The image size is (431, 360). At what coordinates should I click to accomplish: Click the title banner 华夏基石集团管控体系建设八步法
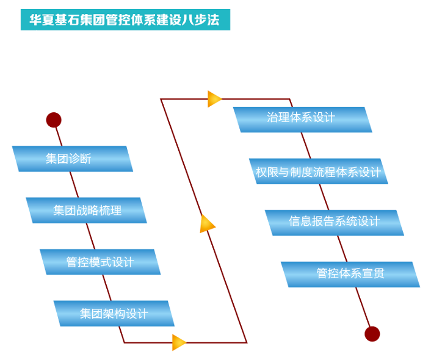click(125, 19)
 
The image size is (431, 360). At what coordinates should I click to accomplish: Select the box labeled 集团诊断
click(72, 159)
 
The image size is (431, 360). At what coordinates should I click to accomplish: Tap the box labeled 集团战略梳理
click(86, 211)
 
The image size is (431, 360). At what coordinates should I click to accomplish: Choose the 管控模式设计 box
click(100, 262)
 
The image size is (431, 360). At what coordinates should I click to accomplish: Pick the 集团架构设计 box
click(114, 314)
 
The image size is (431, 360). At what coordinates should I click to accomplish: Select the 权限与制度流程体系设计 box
click(318, 171)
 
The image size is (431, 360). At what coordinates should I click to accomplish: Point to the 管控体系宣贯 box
click(350, 274)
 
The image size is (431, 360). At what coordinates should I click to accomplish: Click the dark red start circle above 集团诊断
click(54, 120)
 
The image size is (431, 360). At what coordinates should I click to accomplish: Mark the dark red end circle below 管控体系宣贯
click(372, 334)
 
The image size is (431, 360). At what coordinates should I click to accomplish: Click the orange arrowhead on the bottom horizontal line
click(179, 342)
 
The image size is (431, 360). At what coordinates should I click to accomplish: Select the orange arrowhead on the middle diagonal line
click(208, 224)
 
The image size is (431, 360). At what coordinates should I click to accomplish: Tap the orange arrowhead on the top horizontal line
click(214, 99)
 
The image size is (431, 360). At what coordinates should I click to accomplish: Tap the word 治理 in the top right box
click(278, 118)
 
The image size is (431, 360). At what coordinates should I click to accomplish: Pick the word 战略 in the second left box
click(87, 211)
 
